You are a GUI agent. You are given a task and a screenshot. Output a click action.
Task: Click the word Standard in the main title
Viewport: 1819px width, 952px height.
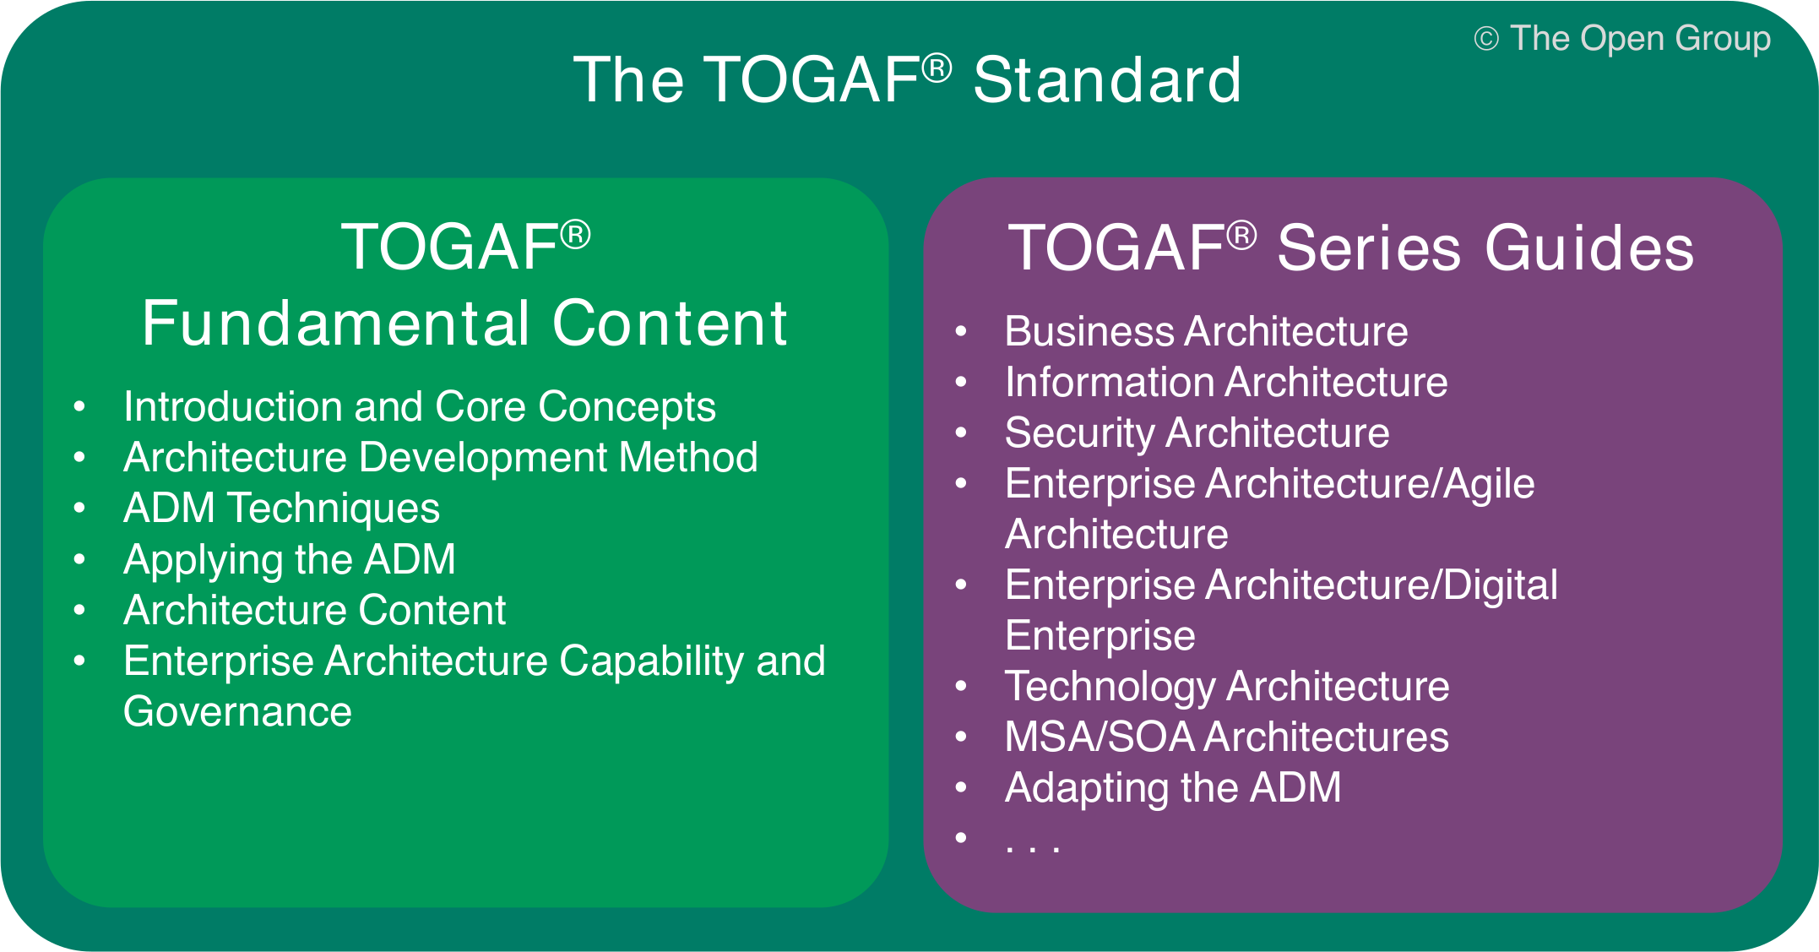point(1106,80)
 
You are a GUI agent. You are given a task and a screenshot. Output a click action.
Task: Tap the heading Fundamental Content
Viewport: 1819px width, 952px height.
point(464,324)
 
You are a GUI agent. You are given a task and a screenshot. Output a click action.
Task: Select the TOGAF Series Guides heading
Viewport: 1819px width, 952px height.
point(1351,248)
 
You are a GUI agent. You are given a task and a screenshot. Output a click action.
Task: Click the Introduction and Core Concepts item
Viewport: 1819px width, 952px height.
point(419,407)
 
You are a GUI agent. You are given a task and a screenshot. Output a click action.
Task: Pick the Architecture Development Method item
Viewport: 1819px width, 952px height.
point(440,458)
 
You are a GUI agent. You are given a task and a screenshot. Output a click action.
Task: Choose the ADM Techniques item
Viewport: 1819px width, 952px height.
point(281,509)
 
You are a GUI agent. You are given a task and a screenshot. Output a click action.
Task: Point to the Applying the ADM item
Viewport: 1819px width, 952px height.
point(289,559)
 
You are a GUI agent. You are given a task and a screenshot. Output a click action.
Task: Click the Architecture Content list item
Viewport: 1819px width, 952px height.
point(314,610)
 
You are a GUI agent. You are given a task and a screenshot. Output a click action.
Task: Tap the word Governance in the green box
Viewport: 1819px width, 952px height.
point(237,711)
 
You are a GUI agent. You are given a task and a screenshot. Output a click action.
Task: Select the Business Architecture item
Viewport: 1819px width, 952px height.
point(1206,331)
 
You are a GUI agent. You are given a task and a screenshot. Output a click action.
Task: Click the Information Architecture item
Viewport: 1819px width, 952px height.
point(1225,382)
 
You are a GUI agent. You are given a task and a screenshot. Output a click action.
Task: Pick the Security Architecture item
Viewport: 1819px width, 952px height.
point(1197,432)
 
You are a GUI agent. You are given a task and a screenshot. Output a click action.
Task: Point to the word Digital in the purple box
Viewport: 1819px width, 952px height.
point(1500,585)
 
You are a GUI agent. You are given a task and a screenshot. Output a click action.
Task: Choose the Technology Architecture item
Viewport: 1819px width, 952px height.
point(1226,686)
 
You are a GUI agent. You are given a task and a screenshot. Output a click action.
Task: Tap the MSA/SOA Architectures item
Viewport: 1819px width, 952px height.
point(1226,737)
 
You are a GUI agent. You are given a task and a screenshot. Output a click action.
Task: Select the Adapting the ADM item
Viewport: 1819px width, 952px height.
point(1172,787)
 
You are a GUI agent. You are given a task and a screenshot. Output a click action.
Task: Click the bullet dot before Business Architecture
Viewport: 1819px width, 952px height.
point(960,331)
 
